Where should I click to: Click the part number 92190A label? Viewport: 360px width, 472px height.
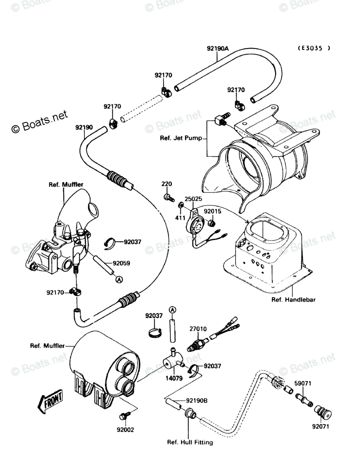[217, 49]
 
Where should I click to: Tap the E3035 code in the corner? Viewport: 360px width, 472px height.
[314, 48]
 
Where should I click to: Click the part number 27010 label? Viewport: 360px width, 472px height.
[198, 329]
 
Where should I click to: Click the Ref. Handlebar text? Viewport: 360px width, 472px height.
[293, 299]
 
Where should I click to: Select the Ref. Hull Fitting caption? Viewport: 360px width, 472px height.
[190, 442]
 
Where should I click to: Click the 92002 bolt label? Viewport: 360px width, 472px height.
[125, 430]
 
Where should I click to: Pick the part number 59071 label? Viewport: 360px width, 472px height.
[302, 383]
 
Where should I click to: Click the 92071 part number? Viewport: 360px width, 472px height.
[321, 426]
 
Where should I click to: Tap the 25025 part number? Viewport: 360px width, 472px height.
[193, 199]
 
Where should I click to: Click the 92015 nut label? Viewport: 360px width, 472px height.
[212, 211]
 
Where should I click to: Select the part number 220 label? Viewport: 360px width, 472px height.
[167, 184]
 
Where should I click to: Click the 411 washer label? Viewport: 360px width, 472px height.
[180, 218]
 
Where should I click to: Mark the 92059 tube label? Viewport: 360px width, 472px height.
[122, 263]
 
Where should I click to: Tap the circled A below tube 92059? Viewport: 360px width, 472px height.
[118, 279]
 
